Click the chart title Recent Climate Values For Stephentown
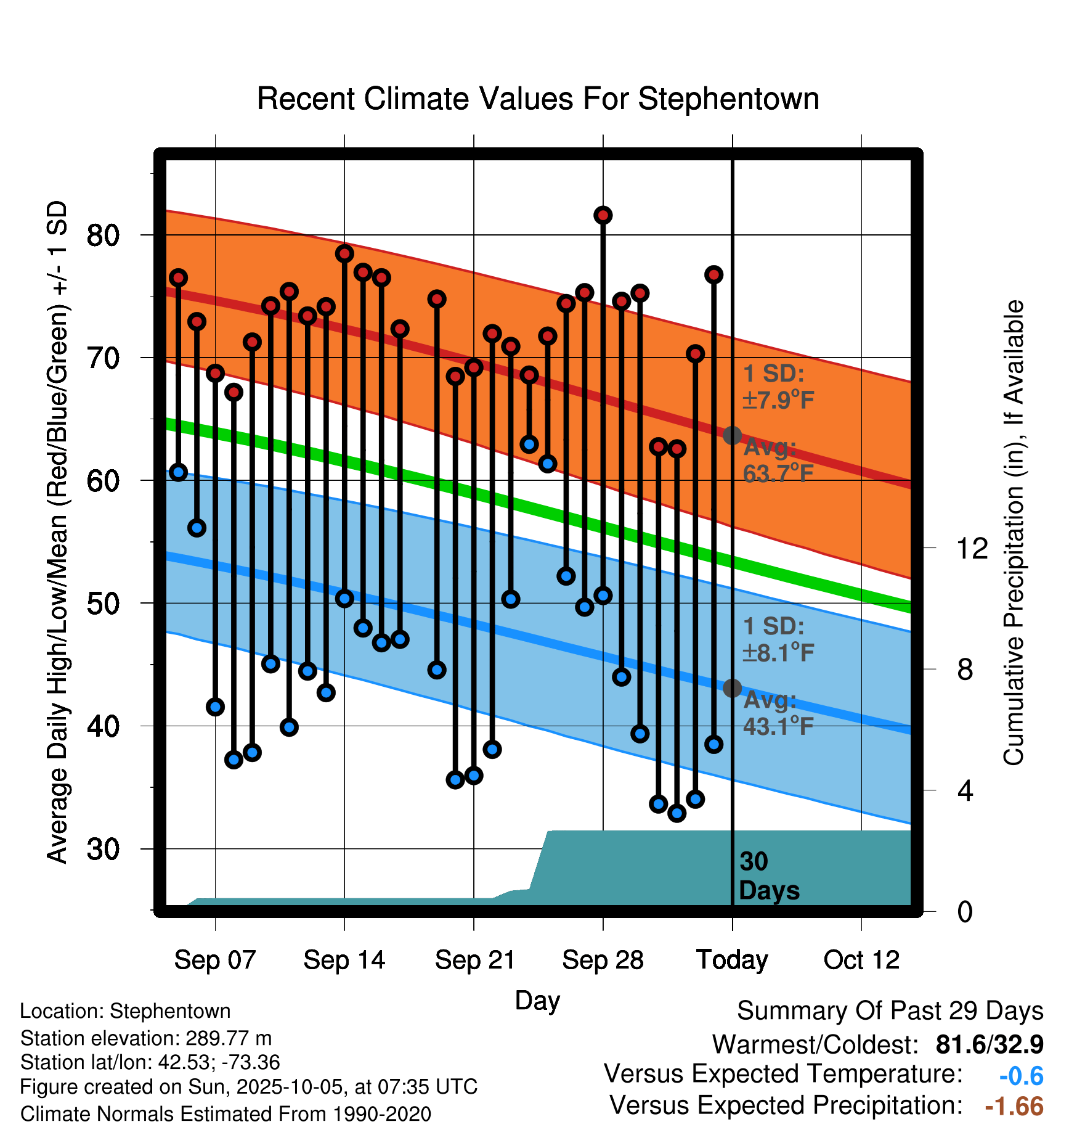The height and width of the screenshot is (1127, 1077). (538, 99)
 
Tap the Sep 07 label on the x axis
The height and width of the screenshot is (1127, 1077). (214, 960)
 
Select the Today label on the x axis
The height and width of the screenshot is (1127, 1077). (732, 960)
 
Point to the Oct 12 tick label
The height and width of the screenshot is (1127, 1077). (861, 960)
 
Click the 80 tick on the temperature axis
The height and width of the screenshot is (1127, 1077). (103, 235)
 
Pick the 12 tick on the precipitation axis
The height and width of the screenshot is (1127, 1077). (972, 548)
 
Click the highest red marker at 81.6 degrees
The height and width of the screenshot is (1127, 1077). (603, 215)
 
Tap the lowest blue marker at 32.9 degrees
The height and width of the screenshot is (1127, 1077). (677, 813)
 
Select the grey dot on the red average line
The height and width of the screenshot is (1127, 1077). (732, 435)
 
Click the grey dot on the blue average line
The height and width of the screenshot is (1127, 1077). (732, 688)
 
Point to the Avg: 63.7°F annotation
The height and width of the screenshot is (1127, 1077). (778, 461)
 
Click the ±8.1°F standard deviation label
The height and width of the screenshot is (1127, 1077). (778, 652)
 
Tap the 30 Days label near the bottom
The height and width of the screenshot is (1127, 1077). (768, 876)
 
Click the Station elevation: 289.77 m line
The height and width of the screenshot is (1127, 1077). (146, 1038)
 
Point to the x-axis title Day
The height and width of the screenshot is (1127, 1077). (537, 1000)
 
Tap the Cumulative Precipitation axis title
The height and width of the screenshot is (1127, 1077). (1014, 533)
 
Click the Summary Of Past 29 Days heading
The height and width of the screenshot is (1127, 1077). (890, 1011)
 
